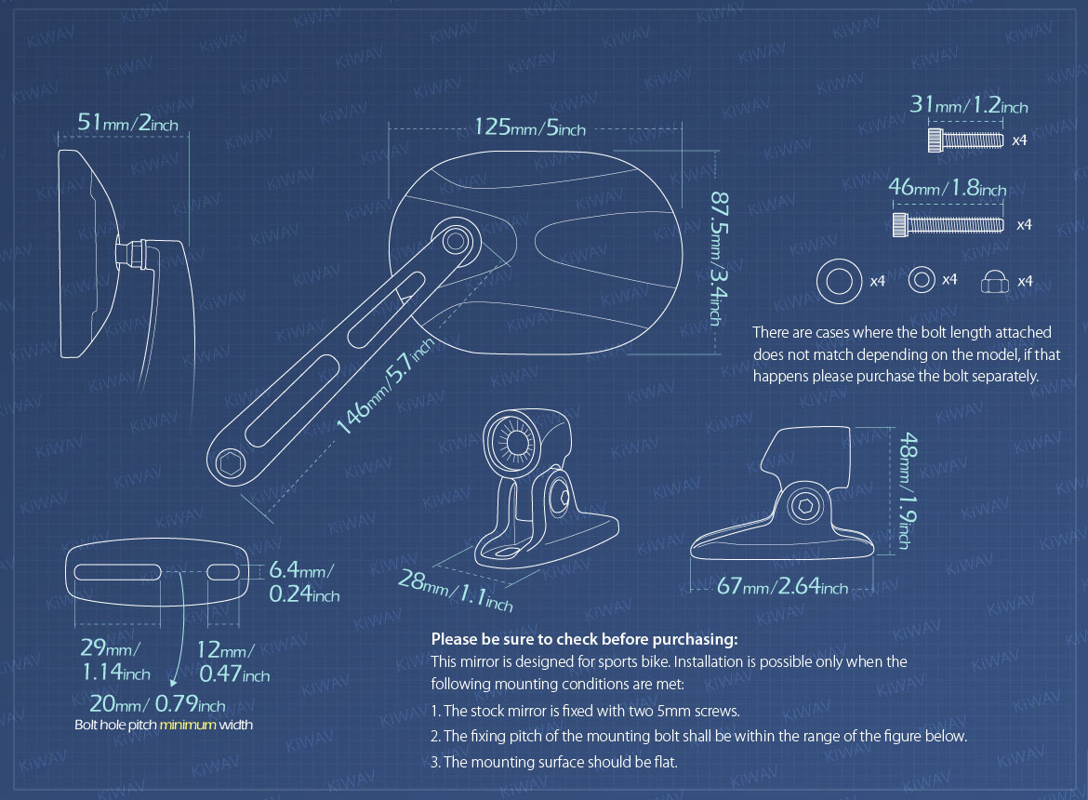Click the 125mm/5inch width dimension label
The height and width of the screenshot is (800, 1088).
pyautogui.click(x=530, y=127)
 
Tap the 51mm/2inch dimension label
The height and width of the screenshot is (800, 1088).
pyautogui.click(x=127, y=123)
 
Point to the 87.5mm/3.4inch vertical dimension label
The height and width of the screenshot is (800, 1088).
pyautogui.click(x=719, y=259)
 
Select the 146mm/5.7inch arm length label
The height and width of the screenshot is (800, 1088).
pyautogui.click(x=386, y=386)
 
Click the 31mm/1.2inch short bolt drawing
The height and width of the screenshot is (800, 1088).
pyautogui.click(x=965, y=140)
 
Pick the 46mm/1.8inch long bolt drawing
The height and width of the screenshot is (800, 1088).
pyautogui.click(x=948, y=224)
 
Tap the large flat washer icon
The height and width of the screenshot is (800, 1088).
pyautogui.click(x=839, y=281)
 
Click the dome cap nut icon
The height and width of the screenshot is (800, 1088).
pyautogui.click(x=994, y=281)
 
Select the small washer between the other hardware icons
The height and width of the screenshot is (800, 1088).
pyautogui.click(x=922, y=280)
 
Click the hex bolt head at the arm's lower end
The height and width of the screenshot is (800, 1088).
pyautogui.click(x=231, y=463)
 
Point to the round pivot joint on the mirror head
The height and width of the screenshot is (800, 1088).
pyautogui.click(x=455, y=242)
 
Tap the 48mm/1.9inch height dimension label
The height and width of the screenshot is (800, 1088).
pyautogui.click(x=908, y=490)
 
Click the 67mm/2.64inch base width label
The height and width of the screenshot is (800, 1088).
pyautogui.click(x=782, y=586)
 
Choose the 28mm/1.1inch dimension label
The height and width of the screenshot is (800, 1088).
pyautogui.click(x=455, y=590)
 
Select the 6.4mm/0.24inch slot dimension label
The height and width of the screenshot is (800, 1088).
pyautogui.click(x=304, y=582)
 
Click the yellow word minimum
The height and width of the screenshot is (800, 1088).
pyautogui.click(x=188, y=725)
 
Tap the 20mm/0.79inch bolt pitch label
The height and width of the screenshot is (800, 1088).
pyautogui.click(x=157, y=703)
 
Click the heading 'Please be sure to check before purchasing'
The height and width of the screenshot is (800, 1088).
pyautogui.click(x=584, y=639)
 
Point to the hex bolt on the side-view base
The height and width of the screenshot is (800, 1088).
pyautogui.click(x=805, y=506)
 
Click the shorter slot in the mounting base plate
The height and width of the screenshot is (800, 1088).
pyautogui.click(x=223, y=572)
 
